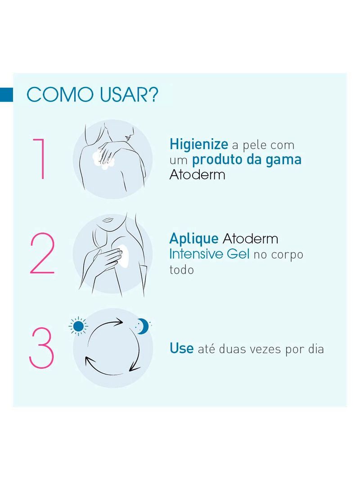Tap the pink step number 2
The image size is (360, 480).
tap(42, 255)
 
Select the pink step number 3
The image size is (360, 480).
tap(42, 348)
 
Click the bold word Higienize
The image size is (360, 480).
tap(199, 144)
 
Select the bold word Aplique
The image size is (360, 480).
tap(194, 239)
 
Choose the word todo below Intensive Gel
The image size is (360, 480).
tap(182, 270)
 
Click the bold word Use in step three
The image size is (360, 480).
tap(181, 348)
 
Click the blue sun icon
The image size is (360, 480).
tap(79, 326)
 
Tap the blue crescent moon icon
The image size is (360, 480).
tap(143, 326)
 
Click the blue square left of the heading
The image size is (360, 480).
tap(6, 95)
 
